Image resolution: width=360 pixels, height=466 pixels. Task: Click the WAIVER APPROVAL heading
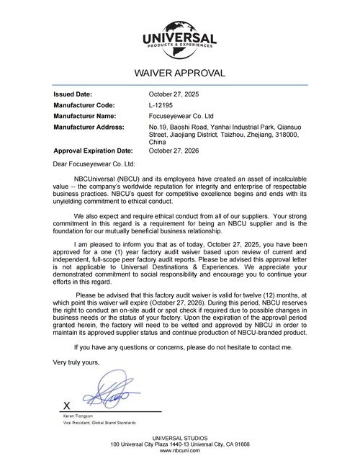[x=180, y=73]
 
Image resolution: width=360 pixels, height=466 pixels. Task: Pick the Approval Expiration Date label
[x=94, y=151]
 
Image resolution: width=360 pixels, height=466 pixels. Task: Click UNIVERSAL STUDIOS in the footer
[x=180, y=439]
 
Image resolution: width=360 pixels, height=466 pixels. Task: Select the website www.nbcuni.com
[x=180, y=451]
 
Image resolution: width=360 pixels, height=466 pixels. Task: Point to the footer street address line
[x=180, y=444]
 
